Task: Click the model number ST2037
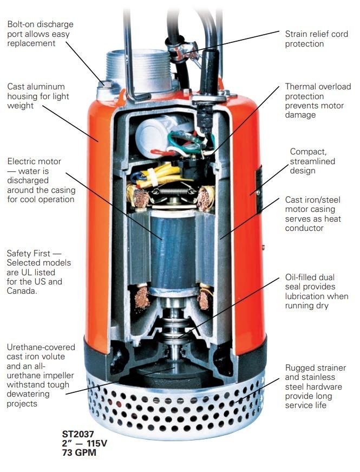point(78,434)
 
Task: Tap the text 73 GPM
point(79,452)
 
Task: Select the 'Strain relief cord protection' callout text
point(316,39)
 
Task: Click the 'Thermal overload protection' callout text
point(318,101)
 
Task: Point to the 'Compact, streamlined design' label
point(312,161)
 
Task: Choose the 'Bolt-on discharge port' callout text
point(40,34)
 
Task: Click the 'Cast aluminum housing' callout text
point(38,96)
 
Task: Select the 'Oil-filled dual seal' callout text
point(317,291)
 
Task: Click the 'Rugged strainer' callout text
point(316,386)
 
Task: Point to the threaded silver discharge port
point(139,70)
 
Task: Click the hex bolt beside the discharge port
point(106,85)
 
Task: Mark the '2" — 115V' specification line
point(84,443)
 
